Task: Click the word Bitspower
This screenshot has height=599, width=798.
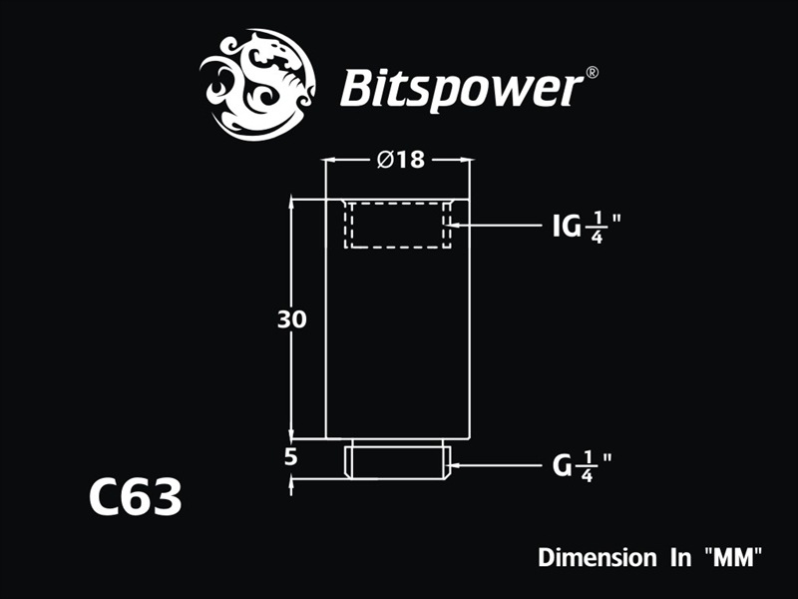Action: point(460,89)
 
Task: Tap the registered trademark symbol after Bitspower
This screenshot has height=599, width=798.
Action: point(591,72)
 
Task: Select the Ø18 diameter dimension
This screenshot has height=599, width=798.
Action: point(400,160)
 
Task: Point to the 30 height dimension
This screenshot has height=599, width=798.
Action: point(292,320)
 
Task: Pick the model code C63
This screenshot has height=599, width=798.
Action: point(135,496)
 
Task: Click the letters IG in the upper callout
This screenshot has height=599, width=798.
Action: point(568,227)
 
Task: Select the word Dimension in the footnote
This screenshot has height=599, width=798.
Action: point(593,556)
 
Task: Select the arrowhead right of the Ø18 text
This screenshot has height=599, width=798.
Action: point(465,160)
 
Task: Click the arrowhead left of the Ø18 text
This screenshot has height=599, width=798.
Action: point(333,160)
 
